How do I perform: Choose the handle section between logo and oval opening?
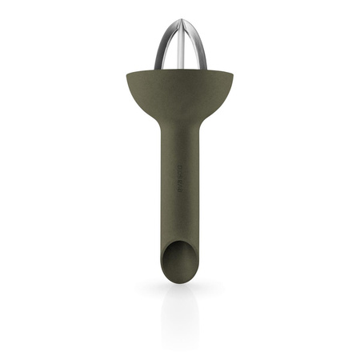pyautogui.click(x=181, y=216)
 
